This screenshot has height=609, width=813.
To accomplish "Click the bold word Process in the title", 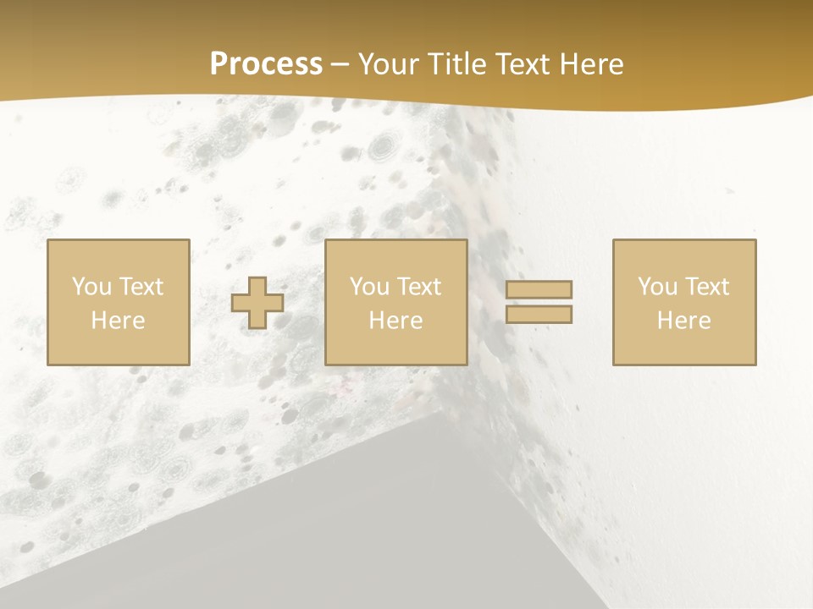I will click(x=266, y=64).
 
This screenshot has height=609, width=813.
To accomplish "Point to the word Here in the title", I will click(x=594, y=64).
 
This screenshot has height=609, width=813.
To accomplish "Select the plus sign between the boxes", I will click(x=257, y=303).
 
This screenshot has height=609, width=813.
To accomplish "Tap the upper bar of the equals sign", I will click(x=539, y=289).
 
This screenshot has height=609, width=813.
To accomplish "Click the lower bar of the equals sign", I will click(x=539, y=315).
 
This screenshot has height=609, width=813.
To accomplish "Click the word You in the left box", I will click(x=91, y=287).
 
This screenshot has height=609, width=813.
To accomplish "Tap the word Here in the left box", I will click(x=118, y=321).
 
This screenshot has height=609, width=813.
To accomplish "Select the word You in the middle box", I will click(x=369, y=287).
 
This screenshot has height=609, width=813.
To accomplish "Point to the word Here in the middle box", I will click(x=395, y=321).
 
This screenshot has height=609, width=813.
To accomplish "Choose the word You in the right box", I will click(x=657, y=287).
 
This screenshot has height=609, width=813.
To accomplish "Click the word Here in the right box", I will click(x=683, y=321).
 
